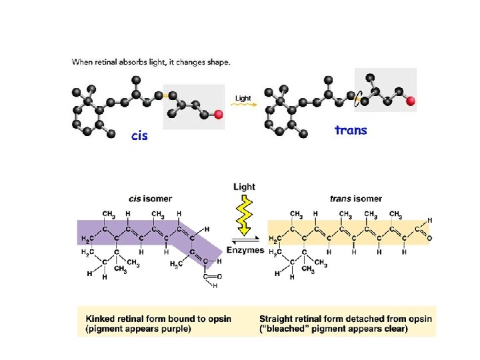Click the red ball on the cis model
click(219, 115)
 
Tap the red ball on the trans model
click(411, 101)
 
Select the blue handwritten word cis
click(139, 136)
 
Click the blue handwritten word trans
click(351, 130)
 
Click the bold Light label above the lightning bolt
click(244, 187)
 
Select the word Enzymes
click(245, 250)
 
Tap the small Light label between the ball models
click(243, 98)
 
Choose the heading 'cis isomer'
click(151, 198)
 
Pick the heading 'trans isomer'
click(356, 198)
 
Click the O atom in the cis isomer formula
click(219, 276)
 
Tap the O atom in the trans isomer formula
click(429, 237)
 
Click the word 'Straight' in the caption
click(279, 319)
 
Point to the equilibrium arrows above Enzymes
click(245, 240)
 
